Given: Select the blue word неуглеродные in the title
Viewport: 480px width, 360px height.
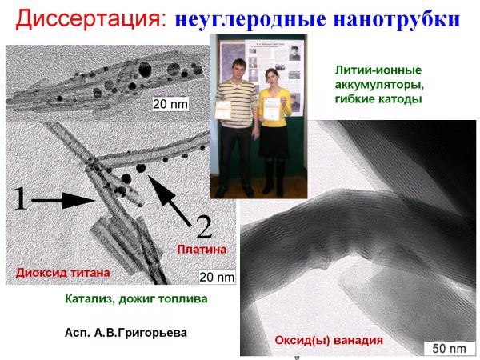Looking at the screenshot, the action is (x=250, y=19).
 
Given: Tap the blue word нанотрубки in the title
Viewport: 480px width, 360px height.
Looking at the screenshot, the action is (x=397, y=19).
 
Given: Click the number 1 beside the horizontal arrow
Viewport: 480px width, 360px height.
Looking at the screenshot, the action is (x=21, y=198).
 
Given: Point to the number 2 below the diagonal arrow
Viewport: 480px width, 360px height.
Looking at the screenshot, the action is (x=203, y=227).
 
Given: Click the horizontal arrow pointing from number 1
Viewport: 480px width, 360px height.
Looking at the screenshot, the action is (x=62, y=201).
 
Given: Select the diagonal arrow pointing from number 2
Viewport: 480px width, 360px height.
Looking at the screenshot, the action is (x=170, y=200).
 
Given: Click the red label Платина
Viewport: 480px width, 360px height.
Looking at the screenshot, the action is (x=202, y=250).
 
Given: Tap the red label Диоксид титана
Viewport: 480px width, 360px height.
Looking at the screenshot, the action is (x=62, y=273).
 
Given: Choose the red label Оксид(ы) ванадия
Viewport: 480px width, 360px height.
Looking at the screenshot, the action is (x=329, y=340).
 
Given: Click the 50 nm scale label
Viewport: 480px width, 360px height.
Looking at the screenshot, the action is (x=449, y=348).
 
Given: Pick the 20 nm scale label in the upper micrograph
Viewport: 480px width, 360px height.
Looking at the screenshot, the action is (x=170, y=104).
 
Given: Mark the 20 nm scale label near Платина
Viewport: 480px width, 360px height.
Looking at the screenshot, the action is (x=217, y=277).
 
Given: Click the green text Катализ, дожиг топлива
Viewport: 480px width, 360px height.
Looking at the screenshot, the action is (x=136, y=298).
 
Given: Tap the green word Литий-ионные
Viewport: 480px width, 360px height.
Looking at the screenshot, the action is (x=378, y=70).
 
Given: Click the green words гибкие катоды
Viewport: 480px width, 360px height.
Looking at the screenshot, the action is (x=378, y=99).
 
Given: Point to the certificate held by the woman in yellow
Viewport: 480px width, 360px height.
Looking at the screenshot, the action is (x=271, y=109).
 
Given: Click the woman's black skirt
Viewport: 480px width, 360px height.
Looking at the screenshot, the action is (x=273, y=142).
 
